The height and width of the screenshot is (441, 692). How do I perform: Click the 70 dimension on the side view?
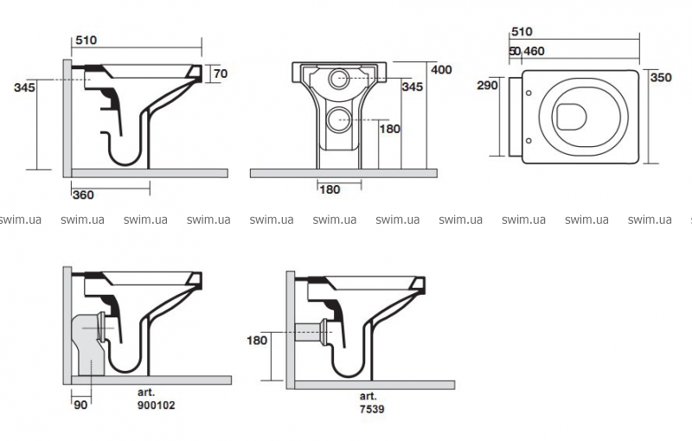[220, 74]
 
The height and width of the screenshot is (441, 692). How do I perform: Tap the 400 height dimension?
[441, 69]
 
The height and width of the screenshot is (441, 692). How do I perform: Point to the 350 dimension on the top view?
[661, 78]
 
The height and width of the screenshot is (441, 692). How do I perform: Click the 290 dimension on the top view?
[487, 86]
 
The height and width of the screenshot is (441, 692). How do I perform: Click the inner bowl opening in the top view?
[571, 116]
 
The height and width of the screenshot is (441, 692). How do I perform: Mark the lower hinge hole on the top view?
[528, 138]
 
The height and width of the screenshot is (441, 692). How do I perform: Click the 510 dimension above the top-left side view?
[86, 40]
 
